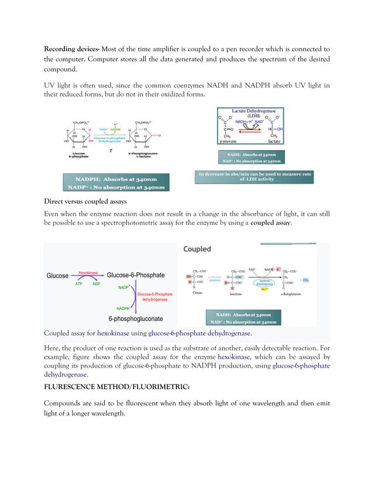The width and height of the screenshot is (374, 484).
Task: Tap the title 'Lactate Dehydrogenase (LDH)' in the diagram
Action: pos(253,113)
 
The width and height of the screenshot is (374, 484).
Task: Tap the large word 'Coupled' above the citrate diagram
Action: pos(197,248)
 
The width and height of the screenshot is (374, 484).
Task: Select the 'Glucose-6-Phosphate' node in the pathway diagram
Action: pos(135,275)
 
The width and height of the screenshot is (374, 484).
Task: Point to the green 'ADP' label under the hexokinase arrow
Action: pos(96,284)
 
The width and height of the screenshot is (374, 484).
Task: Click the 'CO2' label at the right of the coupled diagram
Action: pos(306,281)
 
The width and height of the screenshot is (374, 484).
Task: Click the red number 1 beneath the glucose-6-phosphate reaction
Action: pos(110,151)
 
